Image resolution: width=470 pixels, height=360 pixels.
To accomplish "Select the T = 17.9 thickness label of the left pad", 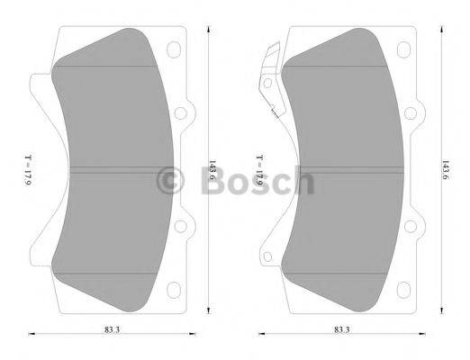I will pos(28,170).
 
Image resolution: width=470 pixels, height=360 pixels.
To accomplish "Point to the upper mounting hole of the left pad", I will pos(178,114).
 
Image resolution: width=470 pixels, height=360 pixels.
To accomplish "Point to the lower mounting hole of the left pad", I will pos(178,227).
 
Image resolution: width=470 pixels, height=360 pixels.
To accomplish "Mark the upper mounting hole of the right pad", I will pos(411,114).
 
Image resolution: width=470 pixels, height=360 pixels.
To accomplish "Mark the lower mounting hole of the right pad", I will pos(411,227).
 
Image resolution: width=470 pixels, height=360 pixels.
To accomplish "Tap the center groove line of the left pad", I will pos(113,171).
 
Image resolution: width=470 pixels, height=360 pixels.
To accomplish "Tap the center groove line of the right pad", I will pos(342,171).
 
